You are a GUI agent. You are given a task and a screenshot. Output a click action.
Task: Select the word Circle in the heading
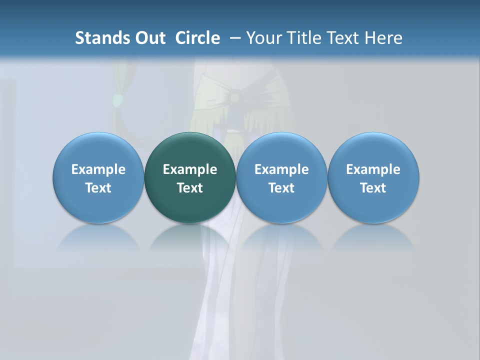pos(197,38)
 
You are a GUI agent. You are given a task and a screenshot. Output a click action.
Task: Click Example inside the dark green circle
pos(190,169)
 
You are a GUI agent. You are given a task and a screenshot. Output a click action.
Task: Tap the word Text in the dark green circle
pos(190,188)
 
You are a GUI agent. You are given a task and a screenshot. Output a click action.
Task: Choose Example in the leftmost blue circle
pos(98,169)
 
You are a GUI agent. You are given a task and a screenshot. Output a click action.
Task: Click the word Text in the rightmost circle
pos(373,188)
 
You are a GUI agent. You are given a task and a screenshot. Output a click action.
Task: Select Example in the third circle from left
pos(281,169)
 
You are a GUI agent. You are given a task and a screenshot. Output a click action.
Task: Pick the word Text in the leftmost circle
pos(98,188)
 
